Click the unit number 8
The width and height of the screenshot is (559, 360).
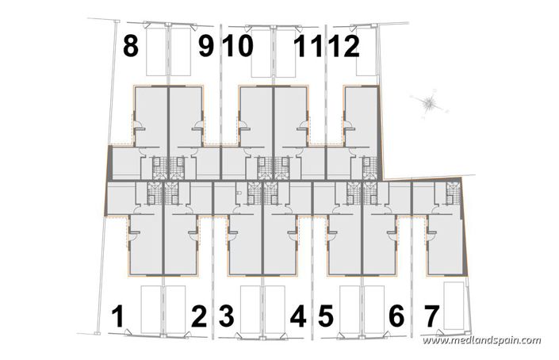coord(131,47)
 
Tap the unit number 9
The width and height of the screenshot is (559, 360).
coord(205,47)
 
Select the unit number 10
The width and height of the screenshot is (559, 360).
coord(238,47)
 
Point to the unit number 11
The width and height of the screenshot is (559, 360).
coord(308,47)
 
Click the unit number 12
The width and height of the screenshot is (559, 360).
coord(344,47)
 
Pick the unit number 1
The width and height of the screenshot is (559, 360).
coord(118,318)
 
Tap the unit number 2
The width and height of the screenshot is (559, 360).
coord(199,318)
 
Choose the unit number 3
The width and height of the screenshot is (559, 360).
coord(227,318)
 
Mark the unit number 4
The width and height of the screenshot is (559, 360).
coord(298,318)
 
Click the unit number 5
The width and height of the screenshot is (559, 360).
coord(324,318)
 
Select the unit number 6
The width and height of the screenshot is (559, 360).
coord(396,318)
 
